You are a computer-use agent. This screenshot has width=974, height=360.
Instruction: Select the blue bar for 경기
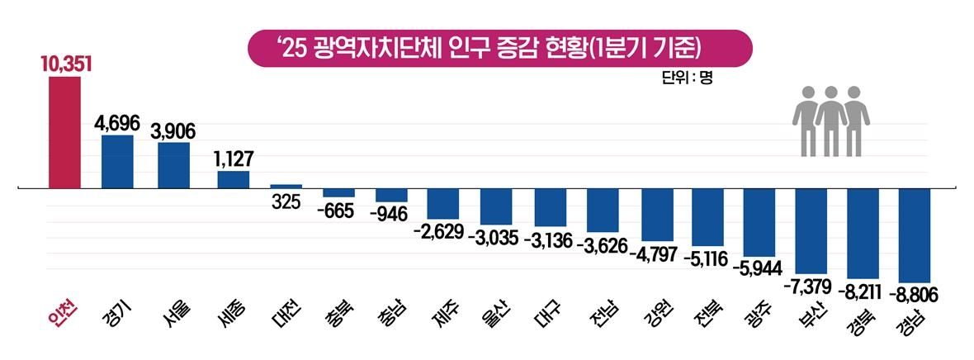pyautogui.click(x=117, y=162)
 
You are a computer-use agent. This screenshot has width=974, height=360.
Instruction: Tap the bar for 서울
pyautogui.click(x=173, y=165)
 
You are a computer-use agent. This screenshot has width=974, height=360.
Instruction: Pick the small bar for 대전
pyautogui.click(x=286, y=187)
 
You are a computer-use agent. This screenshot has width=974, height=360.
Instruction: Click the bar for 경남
pyautogui.click(x=915, y=235)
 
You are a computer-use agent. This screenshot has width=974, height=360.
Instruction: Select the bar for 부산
pyautogui.click(x=812, y=230)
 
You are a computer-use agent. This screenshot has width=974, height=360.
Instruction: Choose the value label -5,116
pyautogui.click(x=706, y=260)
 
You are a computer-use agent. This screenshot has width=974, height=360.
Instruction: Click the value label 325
pyautogui.click(x=286, y=202)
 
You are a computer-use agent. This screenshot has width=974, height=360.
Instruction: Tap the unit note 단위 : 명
pyautogui.click(x=686, y=78)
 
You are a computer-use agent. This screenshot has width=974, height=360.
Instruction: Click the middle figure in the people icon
pyautogui.click(x=831, y=120)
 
